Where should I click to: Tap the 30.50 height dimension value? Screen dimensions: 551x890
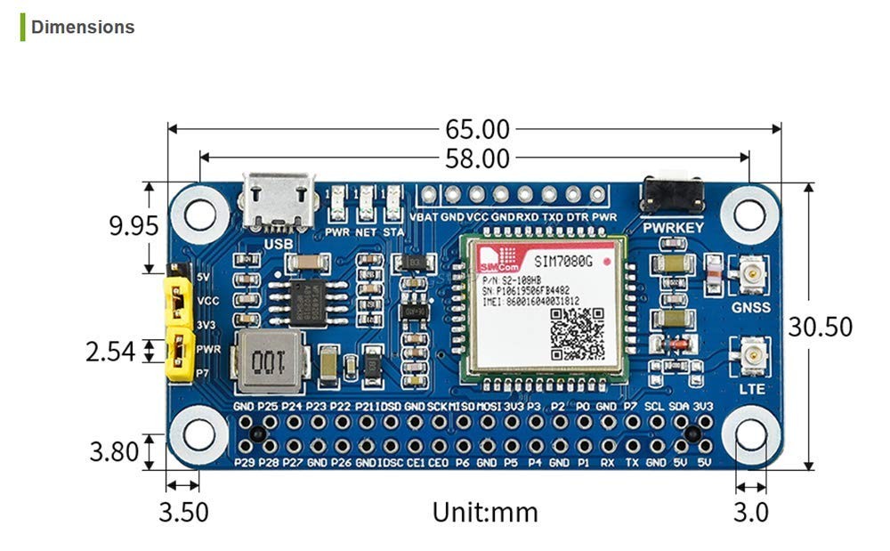(820, 327)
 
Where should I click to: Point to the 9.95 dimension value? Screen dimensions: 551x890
(133, 226)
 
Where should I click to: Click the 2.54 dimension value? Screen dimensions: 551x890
(110, 352)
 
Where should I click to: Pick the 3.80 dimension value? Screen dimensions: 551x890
(114, 452)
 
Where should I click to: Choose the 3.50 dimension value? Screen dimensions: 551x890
(183, 513)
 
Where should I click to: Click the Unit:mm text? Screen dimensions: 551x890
(485, 513)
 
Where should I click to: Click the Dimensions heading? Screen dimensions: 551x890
(83, 27)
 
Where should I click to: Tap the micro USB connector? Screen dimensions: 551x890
(278, 201)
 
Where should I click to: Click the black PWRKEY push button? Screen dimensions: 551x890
(672, 195)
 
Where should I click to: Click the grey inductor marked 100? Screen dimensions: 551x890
(268, 362)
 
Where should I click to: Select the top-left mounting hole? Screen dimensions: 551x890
(198, 212)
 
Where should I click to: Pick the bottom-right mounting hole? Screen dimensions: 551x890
(750, 435)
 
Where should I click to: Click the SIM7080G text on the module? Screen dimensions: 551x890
(564, 262)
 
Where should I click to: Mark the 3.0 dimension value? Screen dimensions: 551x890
(751, 513)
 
